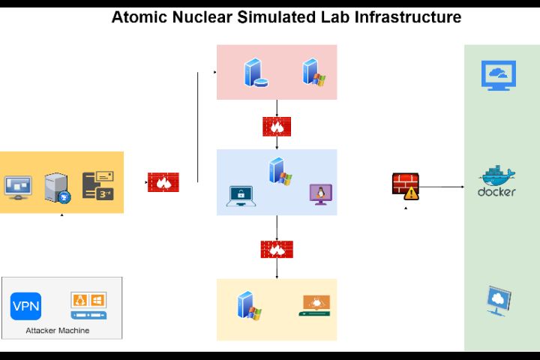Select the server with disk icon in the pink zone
tap(255, 73)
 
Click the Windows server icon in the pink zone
tap(313, 71)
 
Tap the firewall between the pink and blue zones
tap(277, 127)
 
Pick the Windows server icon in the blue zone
tap(280, 171)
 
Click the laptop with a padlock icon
tap(241, 196)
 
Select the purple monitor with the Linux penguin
tap(320, 195)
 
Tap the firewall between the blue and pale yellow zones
tap(277, 249)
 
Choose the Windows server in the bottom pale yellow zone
tap(248, 306)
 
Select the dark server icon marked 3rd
tap(97, 185)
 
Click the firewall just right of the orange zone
tap(163, 182)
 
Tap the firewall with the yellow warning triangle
tap(405, 185)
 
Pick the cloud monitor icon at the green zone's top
tap(498, 76)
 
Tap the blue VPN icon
tap(25, 306)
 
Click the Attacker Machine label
tap(58, 330)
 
